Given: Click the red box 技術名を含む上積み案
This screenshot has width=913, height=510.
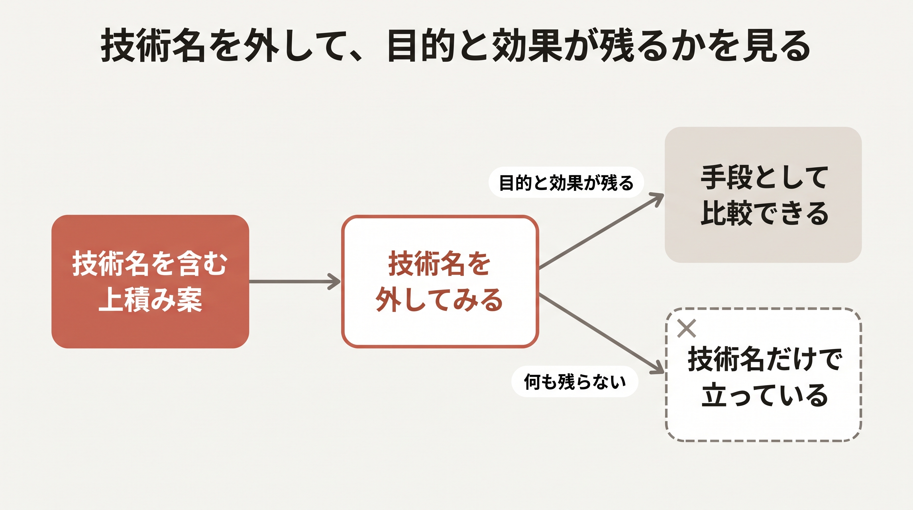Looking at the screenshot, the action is (150, 281).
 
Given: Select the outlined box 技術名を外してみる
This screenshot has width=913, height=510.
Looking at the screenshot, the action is (440, 281).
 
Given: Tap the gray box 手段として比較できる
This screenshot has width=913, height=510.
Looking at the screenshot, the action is (763, 195).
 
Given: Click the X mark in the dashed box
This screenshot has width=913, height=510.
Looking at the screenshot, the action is (686, 328).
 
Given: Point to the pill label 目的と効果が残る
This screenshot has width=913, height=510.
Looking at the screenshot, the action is (566, 182).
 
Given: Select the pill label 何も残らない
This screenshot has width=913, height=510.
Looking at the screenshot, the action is (575, 382).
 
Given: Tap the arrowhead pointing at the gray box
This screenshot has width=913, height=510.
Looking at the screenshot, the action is (657, 198).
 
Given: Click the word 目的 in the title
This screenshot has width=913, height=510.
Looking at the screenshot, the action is (421, 46).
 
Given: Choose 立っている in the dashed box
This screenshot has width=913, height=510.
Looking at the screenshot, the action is (764, 394).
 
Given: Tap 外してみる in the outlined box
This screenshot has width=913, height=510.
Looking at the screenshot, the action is (440, 300).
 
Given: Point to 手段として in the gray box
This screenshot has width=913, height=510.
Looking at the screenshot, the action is (764, 177).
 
